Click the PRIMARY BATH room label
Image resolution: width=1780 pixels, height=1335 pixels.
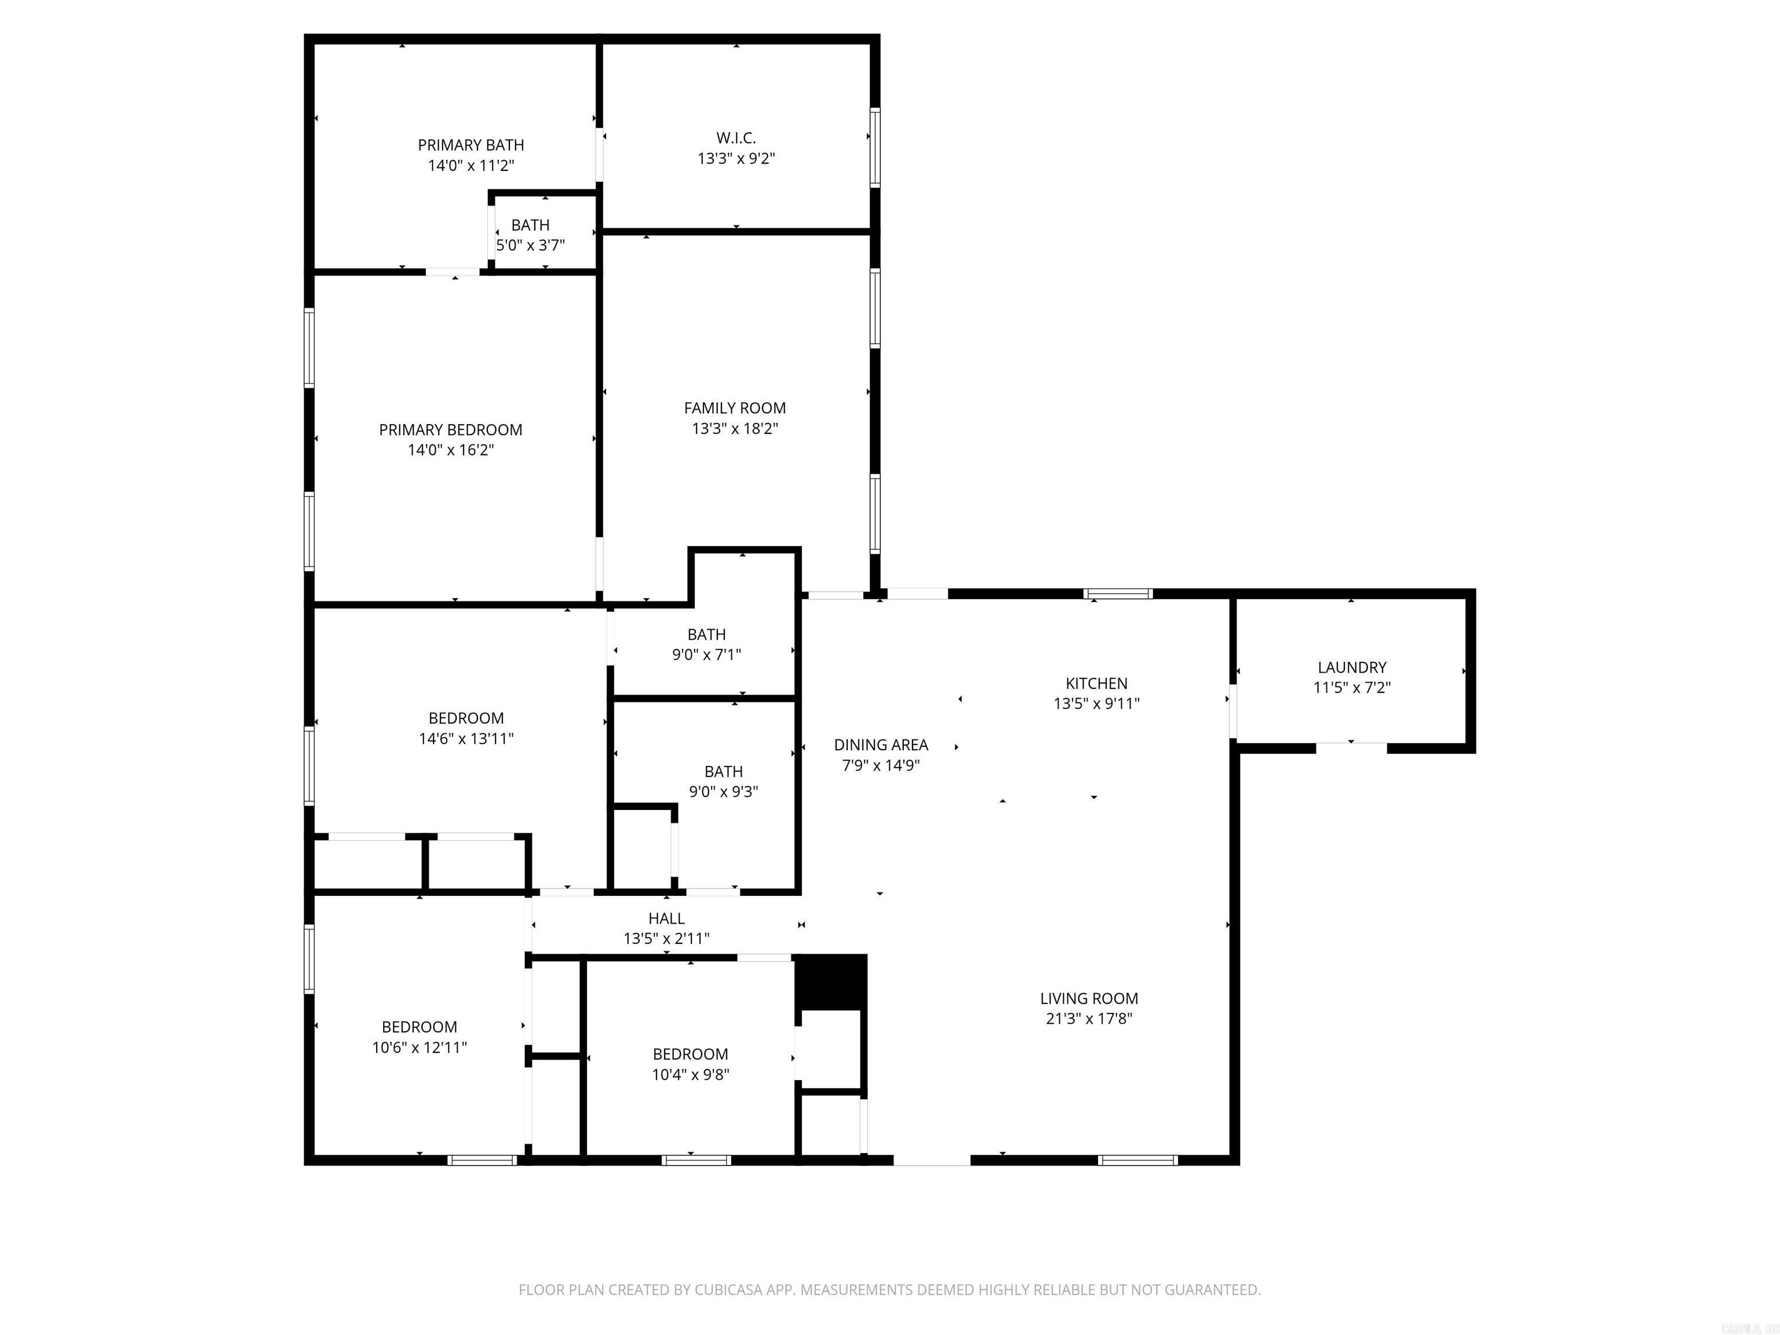click(x=470, y=145)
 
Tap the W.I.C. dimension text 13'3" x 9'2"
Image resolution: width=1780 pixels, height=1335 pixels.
click(x=735, y=159)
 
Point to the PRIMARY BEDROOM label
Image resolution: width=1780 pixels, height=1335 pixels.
click(x=451, y=431)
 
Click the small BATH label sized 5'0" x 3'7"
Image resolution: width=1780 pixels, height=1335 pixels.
click(x=530, y=226)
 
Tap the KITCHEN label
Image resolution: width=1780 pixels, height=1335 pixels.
click(x=1096, y=684)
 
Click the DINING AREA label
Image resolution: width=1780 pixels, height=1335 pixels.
click(x=881, y=746)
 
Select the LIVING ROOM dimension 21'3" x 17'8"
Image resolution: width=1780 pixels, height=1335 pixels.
click(x=1089, y=1019)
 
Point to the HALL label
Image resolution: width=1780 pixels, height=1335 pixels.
click(x=666, y=919)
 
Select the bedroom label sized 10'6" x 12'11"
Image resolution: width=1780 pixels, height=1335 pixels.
click(x=420, y=1027)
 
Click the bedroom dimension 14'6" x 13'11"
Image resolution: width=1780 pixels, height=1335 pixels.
click(x=466, y=739)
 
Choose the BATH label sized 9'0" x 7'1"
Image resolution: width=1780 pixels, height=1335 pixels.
click(x=706, y=635)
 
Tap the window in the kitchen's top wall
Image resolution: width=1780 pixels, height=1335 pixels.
click(x=1118, y=594)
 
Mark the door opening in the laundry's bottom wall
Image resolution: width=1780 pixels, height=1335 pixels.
click(x=1352, y=747)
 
